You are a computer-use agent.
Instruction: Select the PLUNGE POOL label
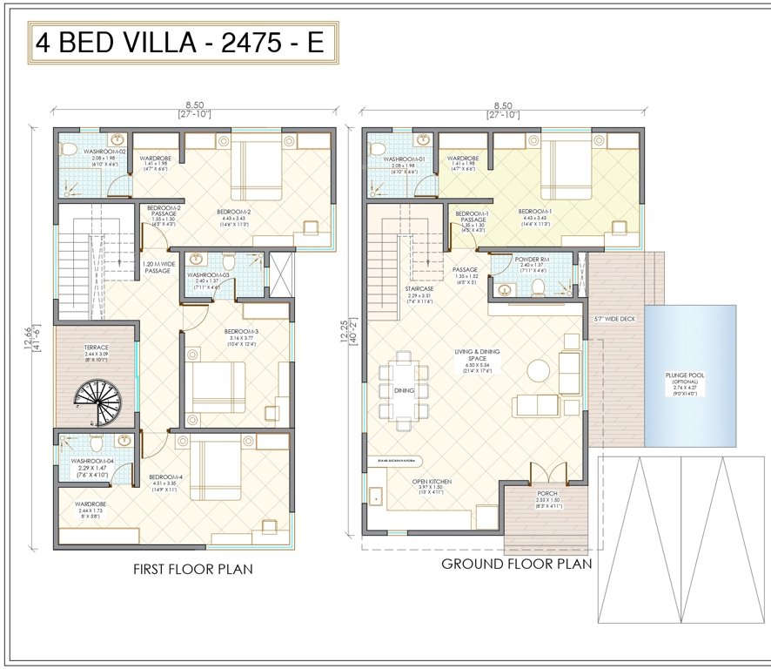pyautogui.click(x=689, y=376)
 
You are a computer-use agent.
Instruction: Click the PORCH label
pyautogui.click(x=546, y=493)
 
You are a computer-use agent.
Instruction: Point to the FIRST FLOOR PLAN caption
pyautogui.click(x=192, y=570)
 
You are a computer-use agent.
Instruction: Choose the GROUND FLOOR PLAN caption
pyautogui.click(x=516, y=564)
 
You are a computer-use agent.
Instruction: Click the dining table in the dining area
pyautogui.click(x=405, y=391)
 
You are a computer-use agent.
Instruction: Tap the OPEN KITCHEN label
pyautogui.click(x=432, y=481)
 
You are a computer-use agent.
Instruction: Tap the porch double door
pyautogui.click(x=547, y=475)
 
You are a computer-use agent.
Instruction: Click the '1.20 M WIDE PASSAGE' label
pyautogui.click(x=158, y=267)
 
